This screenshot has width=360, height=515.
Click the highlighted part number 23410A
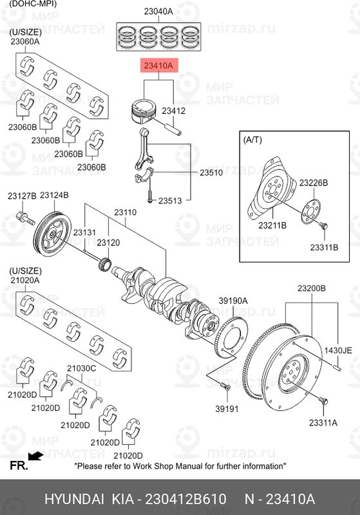[158, 66]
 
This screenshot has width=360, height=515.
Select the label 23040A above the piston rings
[158, 11]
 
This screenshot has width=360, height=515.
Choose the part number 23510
[210, 173]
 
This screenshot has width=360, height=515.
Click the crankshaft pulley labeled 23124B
[51, 232]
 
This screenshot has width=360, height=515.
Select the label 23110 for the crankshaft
[126, 212]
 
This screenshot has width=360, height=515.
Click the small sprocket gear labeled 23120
[106, 263]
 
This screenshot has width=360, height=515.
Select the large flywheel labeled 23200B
[283, 364]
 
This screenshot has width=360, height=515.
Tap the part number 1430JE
[337, 351]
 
